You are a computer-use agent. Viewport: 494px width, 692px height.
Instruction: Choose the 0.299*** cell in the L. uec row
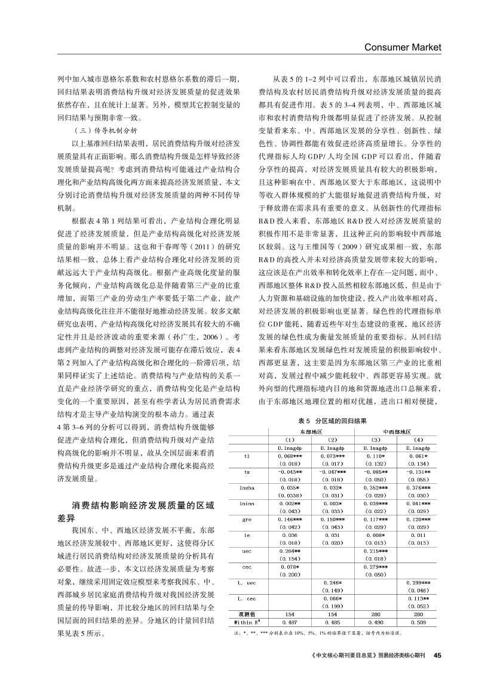(418, 581)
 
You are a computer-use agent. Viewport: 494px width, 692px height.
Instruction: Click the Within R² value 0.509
(418, 622)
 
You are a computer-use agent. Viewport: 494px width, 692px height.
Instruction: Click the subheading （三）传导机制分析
(104, 129)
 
